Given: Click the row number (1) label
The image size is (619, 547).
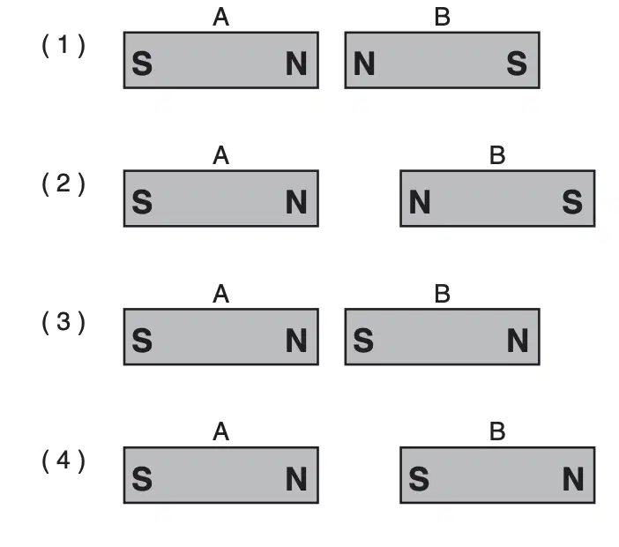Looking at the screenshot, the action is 63,45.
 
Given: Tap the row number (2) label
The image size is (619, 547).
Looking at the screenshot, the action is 63,184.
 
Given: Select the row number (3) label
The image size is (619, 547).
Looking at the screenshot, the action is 63,322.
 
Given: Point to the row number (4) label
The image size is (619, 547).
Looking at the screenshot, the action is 63,461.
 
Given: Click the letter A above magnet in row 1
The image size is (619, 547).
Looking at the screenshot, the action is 220,18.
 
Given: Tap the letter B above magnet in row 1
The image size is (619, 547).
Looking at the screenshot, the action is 442,18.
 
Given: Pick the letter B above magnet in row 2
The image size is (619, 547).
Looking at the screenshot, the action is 497,155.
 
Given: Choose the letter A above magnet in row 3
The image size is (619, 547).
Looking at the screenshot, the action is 220,295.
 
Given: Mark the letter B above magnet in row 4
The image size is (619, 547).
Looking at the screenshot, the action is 497,431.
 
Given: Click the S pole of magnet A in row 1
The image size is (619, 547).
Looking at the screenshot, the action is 142,64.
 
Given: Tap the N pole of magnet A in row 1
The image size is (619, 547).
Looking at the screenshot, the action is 296,64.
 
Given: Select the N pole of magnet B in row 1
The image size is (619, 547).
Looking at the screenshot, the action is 364,64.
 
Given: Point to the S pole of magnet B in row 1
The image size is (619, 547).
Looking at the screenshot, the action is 517,64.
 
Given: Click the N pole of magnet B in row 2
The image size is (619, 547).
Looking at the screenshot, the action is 420,202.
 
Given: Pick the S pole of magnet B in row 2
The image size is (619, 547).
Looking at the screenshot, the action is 572,202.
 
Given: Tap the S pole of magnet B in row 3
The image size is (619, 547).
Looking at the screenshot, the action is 363,341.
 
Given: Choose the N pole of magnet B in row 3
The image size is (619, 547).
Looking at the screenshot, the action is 518,341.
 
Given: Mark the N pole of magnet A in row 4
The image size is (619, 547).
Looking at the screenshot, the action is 296,479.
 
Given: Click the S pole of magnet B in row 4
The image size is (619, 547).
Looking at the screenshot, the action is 419,479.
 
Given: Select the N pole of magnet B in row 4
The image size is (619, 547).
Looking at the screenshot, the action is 573,479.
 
